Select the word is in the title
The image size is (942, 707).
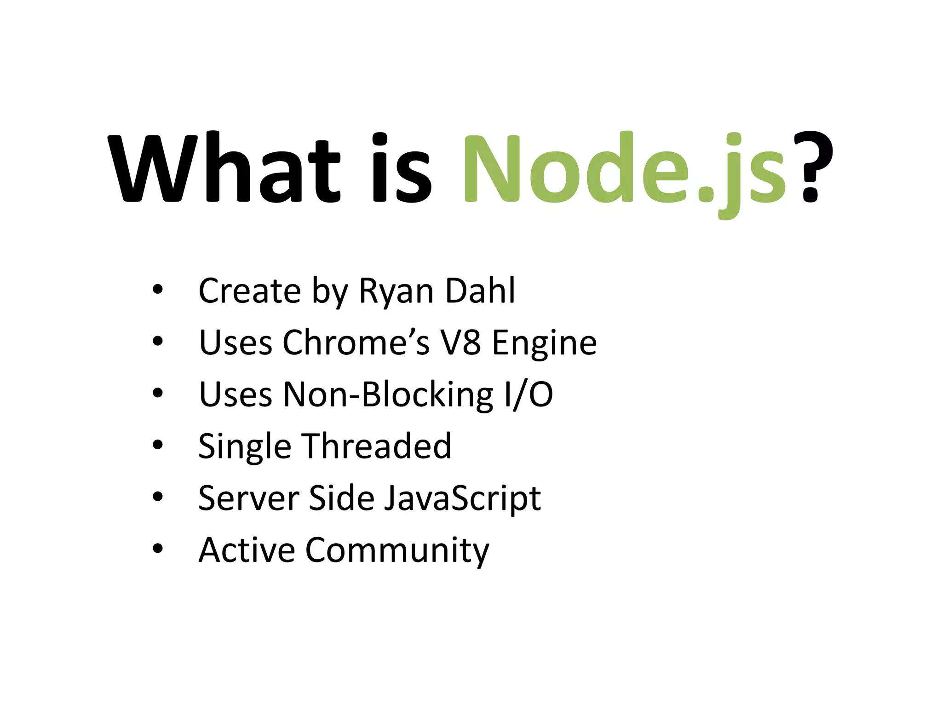pos(401,168)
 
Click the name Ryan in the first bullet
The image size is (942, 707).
pos(396,292)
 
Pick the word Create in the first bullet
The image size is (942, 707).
pos(249,291)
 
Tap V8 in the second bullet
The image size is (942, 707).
pos(460,342)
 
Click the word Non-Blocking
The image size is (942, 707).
pos(388,395)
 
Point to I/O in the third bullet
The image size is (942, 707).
pos(528,395)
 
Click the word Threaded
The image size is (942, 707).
pos(377,446)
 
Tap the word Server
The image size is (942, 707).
pos(248,498)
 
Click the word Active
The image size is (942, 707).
pos(247,550)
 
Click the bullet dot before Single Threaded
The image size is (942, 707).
pos(158,445)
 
